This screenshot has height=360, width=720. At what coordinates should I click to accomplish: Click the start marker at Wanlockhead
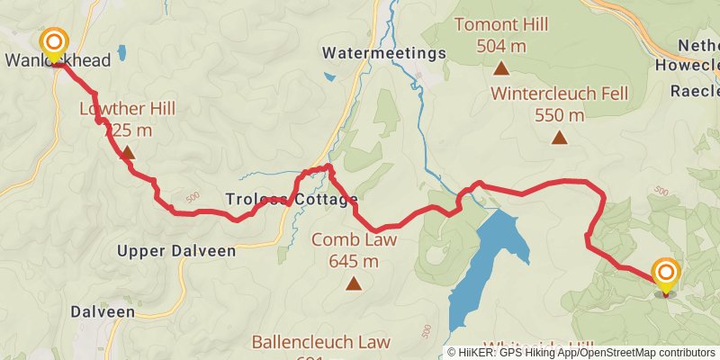pyautogui.click(x=55, y=42)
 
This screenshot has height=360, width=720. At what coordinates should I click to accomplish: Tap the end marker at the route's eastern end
pyautogui.click(x=666, y=273)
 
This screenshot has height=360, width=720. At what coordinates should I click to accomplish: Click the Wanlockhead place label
pyautogui.click(x=58, y=62)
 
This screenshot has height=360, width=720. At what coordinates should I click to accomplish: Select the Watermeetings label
pyautogui.click(x=384, y=53)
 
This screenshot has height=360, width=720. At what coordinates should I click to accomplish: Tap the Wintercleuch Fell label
pyautogui.click(x=560, y=94)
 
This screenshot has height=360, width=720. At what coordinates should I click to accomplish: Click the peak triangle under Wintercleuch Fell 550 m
pyautogui.click(x=560, y=138)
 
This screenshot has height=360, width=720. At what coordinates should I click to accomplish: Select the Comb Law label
pyautogui.click(x=354, y=239)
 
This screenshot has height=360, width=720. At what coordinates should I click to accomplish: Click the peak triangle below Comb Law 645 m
pyautogui.click(x=354, y=284)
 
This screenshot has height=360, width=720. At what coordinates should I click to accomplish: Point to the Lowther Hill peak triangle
pyautogui.click(x=128, y=153)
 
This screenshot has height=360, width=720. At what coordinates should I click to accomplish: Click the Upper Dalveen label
pyautogui.click(x=176, y=251)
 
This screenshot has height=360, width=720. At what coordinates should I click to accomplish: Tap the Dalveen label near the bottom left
pyautogui.click(x=103, y=311)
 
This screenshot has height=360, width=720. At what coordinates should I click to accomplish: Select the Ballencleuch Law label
pyautogui.click(x=320, y=342)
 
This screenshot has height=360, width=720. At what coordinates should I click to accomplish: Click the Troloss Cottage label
pyautogui.click(x=292, y=199)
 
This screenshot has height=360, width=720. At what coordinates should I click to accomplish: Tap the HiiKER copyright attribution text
pyautogui.click(x=580, y=353)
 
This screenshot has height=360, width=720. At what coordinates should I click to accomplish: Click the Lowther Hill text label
pyautogui.click(x=127, y=109)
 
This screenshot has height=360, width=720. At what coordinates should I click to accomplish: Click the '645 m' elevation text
pyautogui.click(x=354, y=262)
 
